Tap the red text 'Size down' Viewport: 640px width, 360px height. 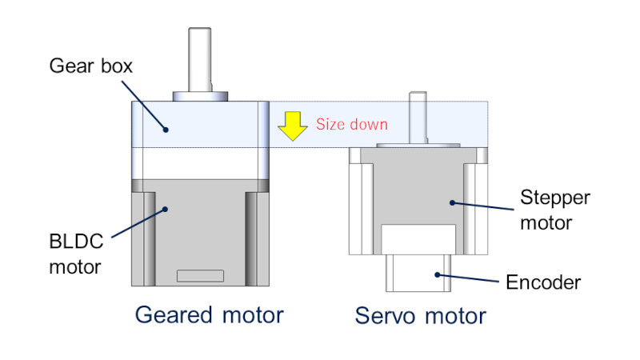(x=351, y=124)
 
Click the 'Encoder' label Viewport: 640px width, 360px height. (x=543, y=282)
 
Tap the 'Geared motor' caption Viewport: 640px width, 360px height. (x=209, y=315)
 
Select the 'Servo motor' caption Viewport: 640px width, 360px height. (x=421, y=316)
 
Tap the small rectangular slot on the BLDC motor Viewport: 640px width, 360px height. (x=200, y=277)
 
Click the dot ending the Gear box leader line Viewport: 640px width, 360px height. (x=166, y=128)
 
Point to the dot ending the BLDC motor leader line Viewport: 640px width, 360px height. (x=166, y=209)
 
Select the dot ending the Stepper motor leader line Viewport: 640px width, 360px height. (x=451, y=202)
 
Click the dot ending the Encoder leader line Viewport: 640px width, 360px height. (x=437, y=274)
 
